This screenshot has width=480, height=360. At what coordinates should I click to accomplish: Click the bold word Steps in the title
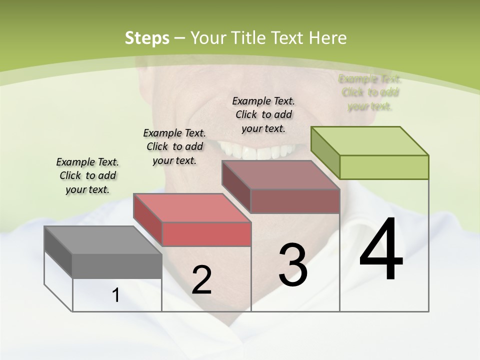coord(146,38)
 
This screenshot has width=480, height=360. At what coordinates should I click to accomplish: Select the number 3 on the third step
coord(293,265)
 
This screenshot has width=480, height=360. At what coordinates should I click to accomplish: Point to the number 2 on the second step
coord(201,280)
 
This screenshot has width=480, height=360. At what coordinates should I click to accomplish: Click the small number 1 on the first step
coord(116,295)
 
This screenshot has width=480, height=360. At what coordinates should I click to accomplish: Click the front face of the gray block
coord(117,266)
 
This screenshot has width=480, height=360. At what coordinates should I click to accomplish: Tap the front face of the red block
coord(206,234)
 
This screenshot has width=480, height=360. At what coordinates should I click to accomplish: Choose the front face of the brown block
coord(295,201)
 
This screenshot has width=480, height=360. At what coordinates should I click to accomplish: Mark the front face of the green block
coord(384,167)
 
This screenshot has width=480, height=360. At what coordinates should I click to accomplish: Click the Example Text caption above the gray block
coord(87,175)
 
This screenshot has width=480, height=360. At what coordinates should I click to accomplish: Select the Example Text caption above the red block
coord(174,146)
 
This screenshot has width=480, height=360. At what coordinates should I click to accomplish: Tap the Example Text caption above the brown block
coord(263,114)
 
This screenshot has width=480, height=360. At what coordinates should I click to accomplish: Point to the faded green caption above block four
coord(370,92)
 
